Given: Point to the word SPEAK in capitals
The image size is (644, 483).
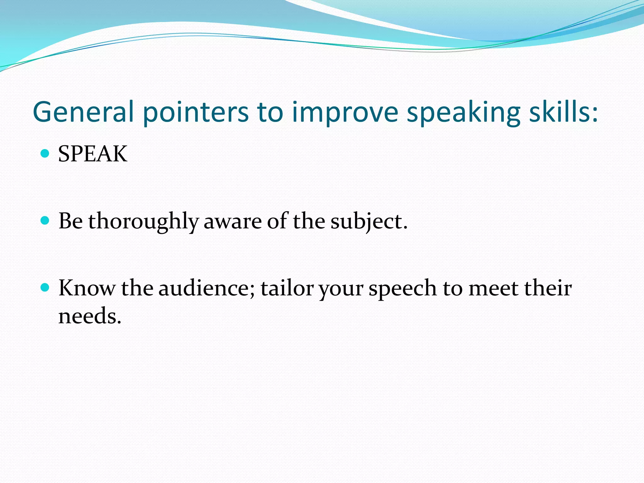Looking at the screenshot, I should click(93, 154).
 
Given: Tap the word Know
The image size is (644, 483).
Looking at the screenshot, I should click(87, 288).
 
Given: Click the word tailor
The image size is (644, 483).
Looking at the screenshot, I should click(287, 288).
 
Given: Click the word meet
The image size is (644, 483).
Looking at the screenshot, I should click(493, 288).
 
